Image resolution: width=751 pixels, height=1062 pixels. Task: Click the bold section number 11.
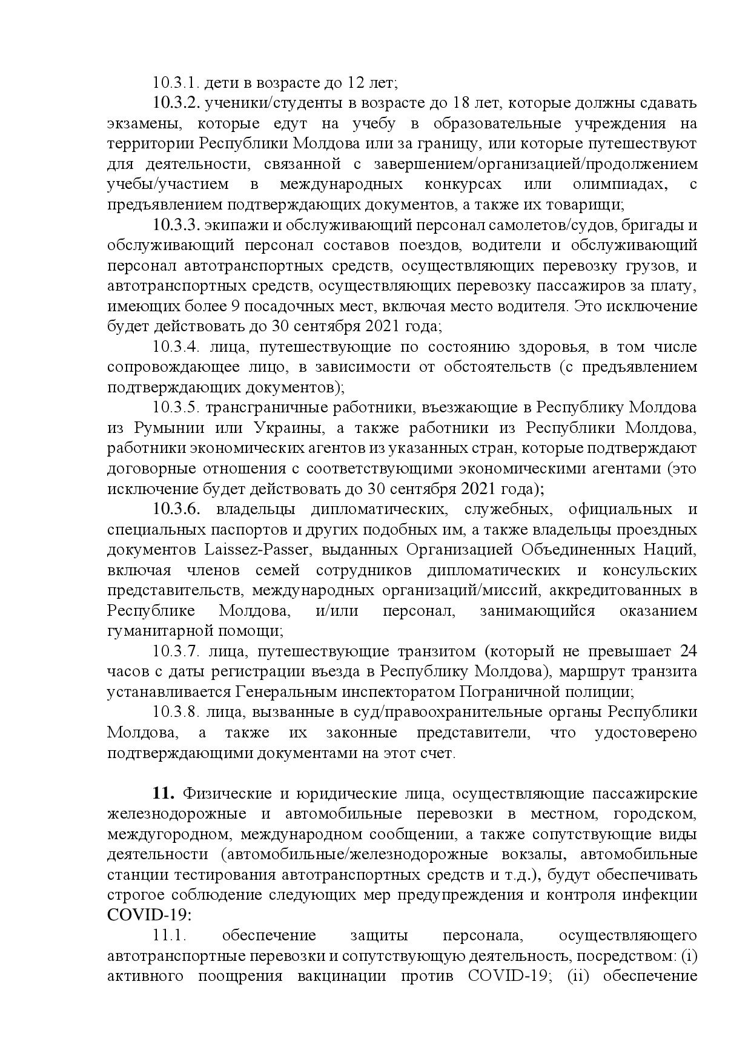pos(164,794)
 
